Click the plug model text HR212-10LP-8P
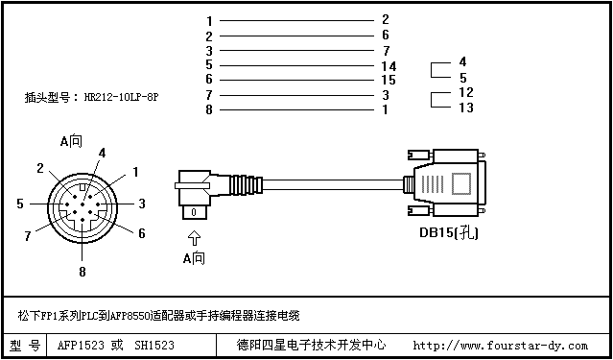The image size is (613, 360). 121,97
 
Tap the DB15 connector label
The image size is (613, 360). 449,233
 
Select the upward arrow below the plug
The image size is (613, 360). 195,238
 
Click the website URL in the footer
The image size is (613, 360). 500,346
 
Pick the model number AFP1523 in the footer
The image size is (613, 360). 81,346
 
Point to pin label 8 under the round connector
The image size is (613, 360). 83,272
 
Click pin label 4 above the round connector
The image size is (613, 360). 102,153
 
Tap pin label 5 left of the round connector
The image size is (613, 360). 20,204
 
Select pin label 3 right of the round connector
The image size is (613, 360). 142,204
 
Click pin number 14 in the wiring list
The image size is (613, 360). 389,65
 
